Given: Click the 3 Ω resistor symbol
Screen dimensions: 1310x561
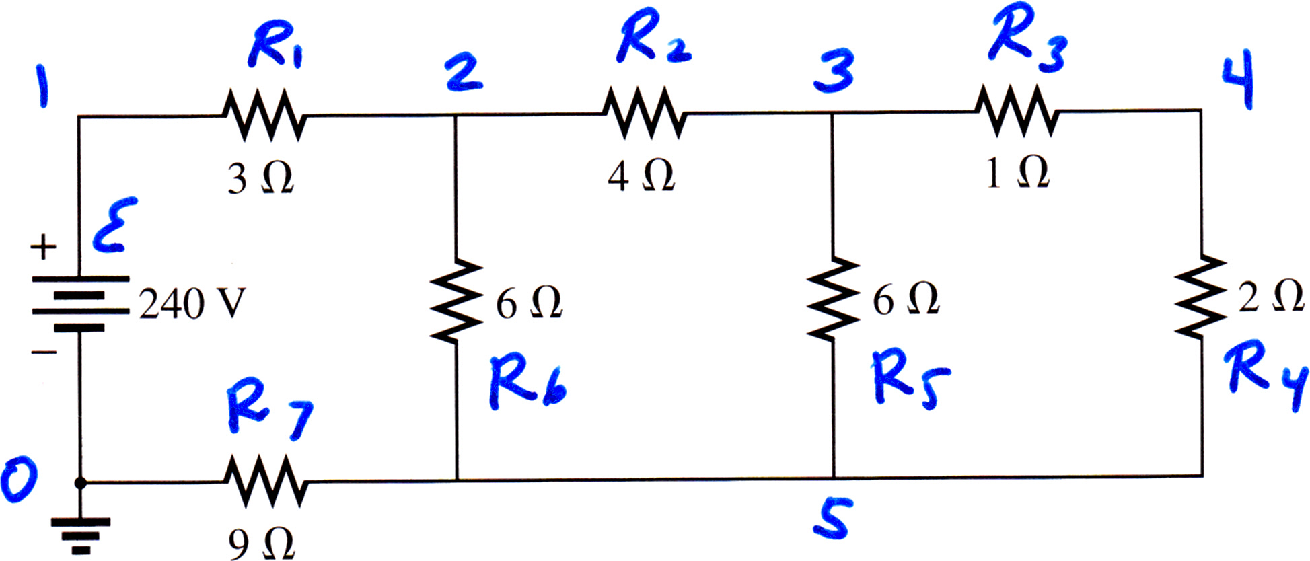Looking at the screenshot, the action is [x=264, y=115].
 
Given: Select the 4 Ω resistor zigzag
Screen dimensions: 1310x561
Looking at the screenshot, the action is [x=644, y=113].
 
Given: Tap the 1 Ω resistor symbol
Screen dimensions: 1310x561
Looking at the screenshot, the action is [x=1017, y=111].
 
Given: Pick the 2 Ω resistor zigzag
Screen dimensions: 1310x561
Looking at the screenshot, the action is [x=1200, y=297].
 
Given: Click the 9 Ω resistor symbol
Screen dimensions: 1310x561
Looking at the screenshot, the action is [x=266, y=482].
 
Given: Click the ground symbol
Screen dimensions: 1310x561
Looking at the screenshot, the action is [x=80, y=535].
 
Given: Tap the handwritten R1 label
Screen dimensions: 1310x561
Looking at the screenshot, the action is [x=275, y=47].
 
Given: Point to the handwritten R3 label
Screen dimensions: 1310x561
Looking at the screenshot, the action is [x=1028, y=39].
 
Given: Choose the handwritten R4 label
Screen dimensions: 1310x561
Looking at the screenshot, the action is [x=1265, y=377].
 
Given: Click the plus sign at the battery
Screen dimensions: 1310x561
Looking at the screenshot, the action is [x=44, y=247].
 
